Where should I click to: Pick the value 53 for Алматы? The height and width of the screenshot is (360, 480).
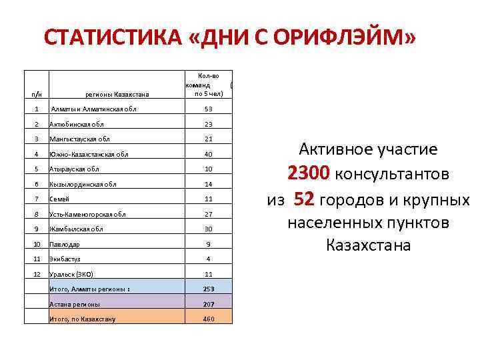pos(208,109)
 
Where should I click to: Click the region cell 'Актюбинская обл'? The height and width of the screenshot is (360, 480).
pos(77,124)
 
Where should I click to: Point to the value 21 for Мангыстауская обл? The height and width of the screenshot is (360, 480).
pos(208,139)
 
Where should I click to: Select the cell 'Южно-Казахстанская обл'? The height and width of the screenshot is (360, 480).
pos(89,155)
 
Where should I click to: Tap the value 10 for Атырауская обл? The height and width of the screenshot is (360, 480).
pos(208,169)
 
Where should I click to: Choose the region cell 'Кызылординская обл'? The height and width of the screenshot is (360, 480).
pos(83,184)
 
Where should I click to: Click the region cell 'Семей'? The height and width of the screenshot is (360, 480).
pos(59,199)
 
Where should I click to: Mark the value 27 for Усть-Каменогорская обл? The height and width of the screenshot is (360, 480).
pos(208,214)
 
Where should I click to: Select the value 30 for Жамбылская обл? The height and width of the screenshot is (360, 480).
pos(208,229)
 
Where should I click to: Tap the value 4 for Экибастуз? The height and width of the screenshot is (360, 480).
pos(208,259)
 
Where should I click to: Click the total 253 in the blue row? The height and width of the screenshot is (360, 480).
pos(208,289)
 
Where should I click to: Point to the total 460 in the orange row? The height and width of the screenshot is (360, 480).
pos(208,319)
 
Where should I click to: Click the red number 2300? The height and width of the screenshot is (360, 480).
pos(308,174)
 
